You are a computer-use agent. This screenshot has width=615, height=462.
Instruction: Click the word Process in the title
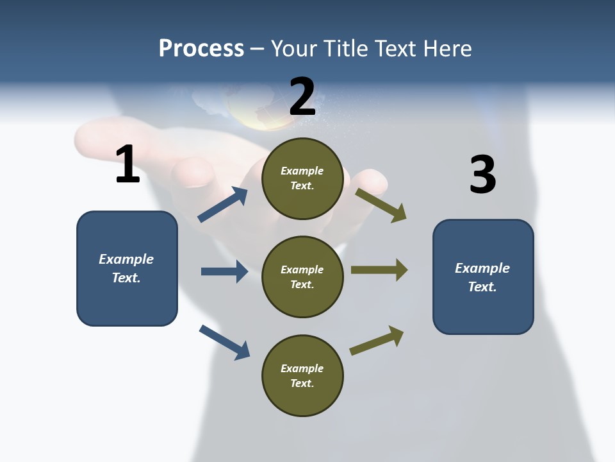201,49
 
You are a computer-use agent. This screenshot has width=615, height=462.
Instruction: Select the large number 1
127,164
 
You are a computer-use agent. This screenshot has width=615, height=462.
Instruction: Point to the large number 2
302,97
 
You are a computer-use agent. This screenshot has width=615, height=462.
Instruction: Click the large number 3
482,175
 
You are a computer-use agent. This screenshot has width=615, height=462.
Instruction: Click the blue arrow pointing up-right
223,205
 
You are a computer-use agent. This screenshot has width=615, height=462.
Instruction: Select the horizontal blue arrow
224,271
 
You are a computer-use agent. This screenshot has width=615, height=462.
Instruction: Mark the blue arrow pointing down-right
224,342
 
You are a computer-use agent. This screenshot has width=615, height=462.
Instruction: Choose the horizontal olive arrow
379,270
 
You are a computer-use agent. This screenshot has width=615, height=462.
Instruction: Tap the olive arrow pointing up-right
377,341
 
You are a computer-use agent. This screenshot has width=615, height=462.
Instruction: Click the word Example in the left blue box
126,259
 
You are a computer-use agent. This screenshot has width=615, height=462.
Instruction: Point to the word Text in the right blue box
482,287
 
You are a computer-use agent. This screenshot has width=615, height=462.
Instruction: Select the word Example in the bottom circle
302,368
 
